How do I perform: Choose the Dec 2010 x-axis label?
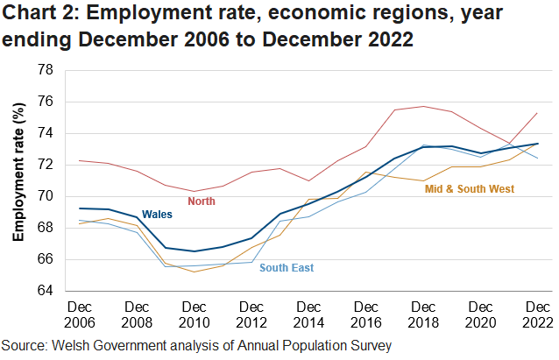[x=195, y=314]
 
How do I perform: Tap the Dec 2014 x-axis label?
[x=309, y=314]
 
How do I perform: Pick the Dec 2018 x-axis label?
[x=423, y=314]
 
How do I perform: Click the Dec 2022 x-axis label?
[x=537, y=314]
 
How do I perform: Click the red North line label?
[x=202, y=201]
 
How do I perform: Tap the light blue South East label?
[x=287, y=268]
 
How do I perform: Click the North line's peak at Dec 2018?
[x=423, y=106]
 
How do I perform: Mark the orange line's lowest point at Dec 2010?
[x=195, y=272]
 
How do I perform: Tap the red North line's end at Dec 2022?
[x=537, y=113]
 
